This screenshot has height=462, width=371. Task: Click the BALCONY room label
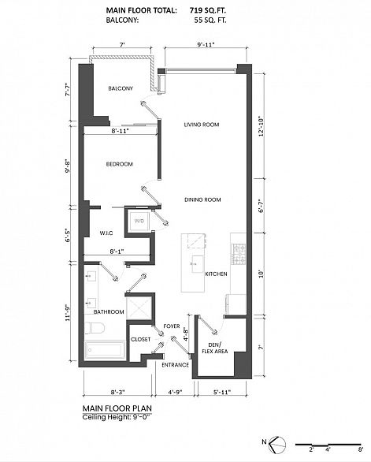pos(121,88)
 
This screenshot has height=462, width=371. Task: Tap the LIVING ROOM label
pos(202,125)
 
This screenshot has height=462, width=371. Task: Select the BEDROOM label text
pos(120,164)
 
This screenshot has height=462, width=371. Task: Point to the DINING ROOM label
pos(202,199)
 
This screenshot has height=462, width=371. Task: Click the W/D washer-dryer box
pos(139,221)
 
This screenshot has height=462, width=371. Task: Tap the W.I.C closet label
pos(106,233)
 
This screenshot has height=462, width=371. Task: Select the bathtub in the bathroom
pos(105,351)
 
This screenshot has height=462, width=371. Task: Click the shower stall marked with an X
pos(139,308)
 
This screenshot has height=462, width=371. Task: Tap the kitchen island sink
pos(198,264)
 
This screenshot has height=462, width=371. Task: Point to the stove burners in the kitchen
pos(239,254)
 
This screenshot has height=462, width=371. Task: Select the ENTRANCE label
pos(176,365)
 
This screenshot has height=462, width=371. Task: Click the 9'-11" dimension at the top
pos(206,45)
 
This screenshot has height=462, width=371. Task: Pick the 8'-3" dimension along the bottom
pos(118,392)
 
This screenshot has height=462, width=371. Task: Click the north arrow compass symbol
pos(277,444)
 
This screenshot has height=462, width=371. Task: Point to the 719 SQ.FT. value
pos(208,10)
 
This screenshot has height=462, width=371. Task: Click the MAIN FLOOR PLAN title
pos(117,408)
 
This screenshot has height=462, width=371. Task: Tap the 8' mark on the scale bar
pos(361,449)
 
